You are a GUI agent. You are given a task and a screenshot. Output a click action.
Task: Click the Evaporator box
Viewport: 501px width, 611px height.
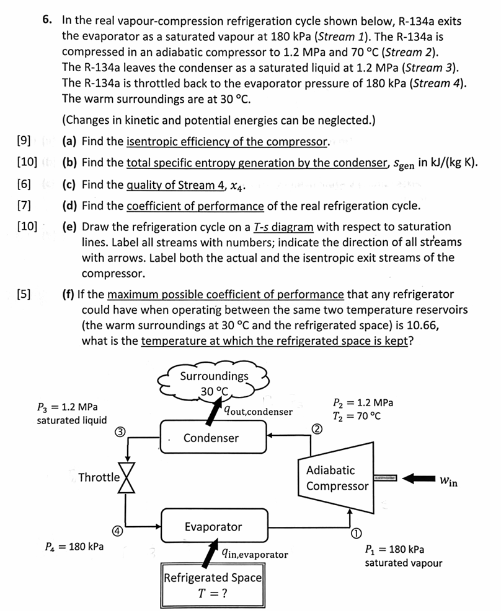click(213, 527)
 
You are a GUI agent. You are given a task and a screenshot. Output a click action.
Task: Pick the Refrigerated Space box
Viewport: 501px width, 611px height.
click(213, 584)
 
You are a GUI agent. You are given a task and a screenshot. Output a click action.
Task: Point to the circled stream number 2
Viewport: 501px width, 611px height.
click(316, 429)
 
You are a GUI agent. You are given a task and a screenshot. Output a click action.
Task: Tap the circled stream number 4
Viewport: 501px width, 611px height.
click(117, 531)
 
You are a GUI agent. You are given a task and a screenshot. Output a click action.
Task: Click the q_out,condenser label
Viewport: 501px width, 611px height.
click(258, 411)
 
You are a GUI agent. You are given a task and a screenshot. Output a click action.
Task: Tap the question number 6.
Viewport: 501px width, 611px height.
click(47, 20)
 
